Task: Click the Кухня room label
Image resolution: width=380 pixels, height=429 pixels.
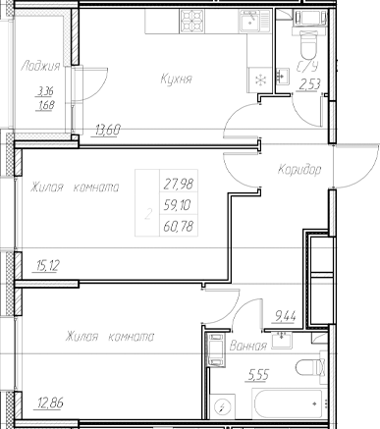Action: [x=174, y=79]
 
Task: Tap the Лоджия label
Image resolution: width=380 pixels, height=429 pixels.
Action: [x=40, y=66]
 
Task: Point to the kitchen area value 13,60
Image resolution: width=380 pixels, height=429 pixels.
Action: [x=109, y=129]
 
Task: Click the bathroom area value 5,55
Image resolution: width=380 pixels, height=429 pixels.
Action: [x=258, y=374]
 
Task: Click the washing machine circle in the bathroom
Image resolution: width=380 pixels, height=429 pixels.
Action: [x=223, y=406]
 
